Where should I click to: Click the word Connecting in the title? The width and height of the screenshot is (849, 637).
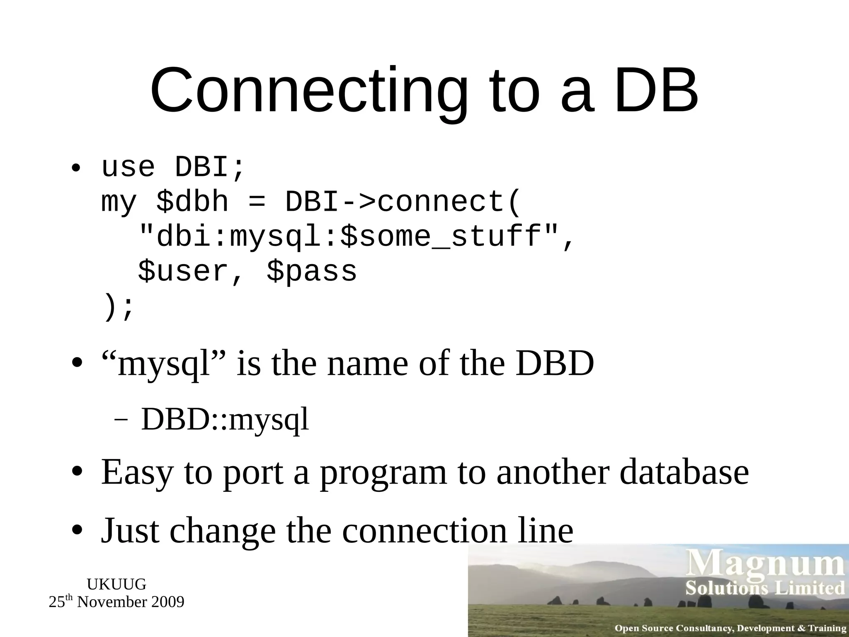[308, 91]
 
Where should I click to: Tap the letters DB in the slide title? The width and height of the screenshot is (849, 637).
[656, 91]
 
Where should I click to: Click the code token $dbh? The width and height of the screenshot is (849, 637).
[192, 202]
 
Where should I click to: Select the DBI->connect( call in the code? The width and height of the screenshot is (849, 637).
[402, 202]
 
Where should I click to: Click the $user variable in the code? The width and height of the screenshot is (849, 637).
[184, 272]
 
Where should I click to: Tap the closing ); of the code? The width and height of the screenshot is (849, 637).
[118, 307]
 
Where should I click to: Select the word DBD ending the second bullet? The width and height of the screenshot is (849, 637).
[555, 363]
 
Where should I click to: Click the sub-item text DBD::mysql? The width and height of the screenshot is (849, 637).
[225, 420]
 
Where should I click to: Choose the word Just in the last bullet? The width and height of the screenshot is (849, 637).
[130, 531]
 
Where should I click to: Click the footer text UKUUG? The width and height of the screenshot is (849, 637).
[116, 584]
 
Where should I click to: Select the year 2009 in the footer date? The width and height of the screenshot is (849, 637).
[167, 602]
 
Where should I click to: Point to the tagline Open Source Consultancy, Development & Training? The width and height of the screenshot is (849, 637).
[730, 628]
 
